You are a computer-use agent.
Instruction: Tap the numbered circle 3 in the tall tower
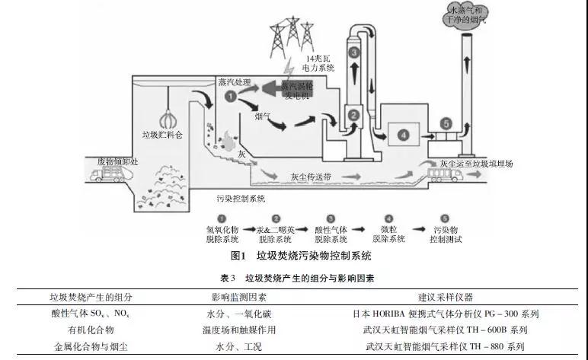354,53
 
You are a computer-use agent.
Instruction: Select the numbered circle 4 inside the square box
404,135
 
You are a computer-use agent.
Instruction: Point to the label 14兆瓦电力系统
320,63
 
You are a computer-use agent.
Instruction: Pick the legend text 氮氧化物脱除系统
222,233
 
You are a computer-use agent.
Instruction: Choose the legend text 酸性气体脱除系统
331,233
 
